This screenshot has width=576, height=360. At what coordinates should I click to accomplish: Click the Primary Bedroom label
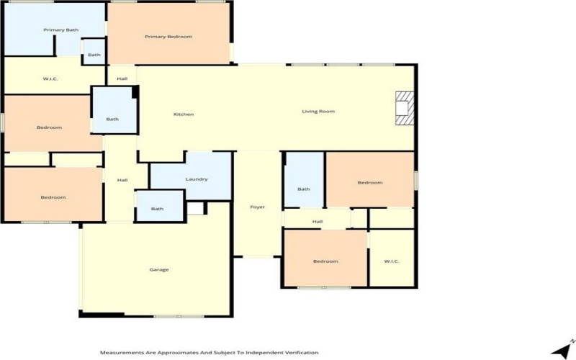168,37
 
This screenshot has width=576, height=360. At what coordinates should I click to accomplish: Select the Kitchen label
184,114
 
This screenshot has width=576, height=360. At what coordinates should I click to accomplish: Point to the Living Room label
318,111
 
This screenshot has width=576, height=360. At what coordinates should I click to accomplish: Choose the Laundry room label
197,179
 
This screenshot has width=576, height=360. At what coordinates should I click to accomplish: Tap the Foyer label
257,207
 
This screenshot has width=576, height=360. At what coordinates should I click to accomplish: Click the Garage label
159,269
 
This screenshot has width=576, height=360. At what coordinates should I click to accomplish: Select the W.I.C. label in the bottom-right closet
392,261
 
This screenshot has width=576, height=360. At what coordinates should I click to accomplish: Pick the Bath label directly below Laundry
157,209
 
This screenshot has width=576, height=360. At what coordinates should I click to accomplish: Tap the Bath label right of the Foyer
304,189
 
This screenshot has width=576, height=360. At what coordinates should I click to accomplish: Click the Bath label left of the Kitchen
112,120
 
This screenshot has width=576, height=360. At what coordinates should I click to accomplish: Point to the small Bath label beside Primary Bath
94,55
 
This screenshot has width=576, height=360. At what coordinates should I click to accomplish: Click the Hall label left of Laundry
122,181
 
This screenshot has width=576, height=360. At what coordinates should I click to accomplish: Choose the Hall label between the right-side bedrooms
317,221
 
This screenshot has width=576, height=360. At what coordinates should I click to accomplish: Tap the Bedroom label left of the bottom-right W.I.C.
325,261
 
